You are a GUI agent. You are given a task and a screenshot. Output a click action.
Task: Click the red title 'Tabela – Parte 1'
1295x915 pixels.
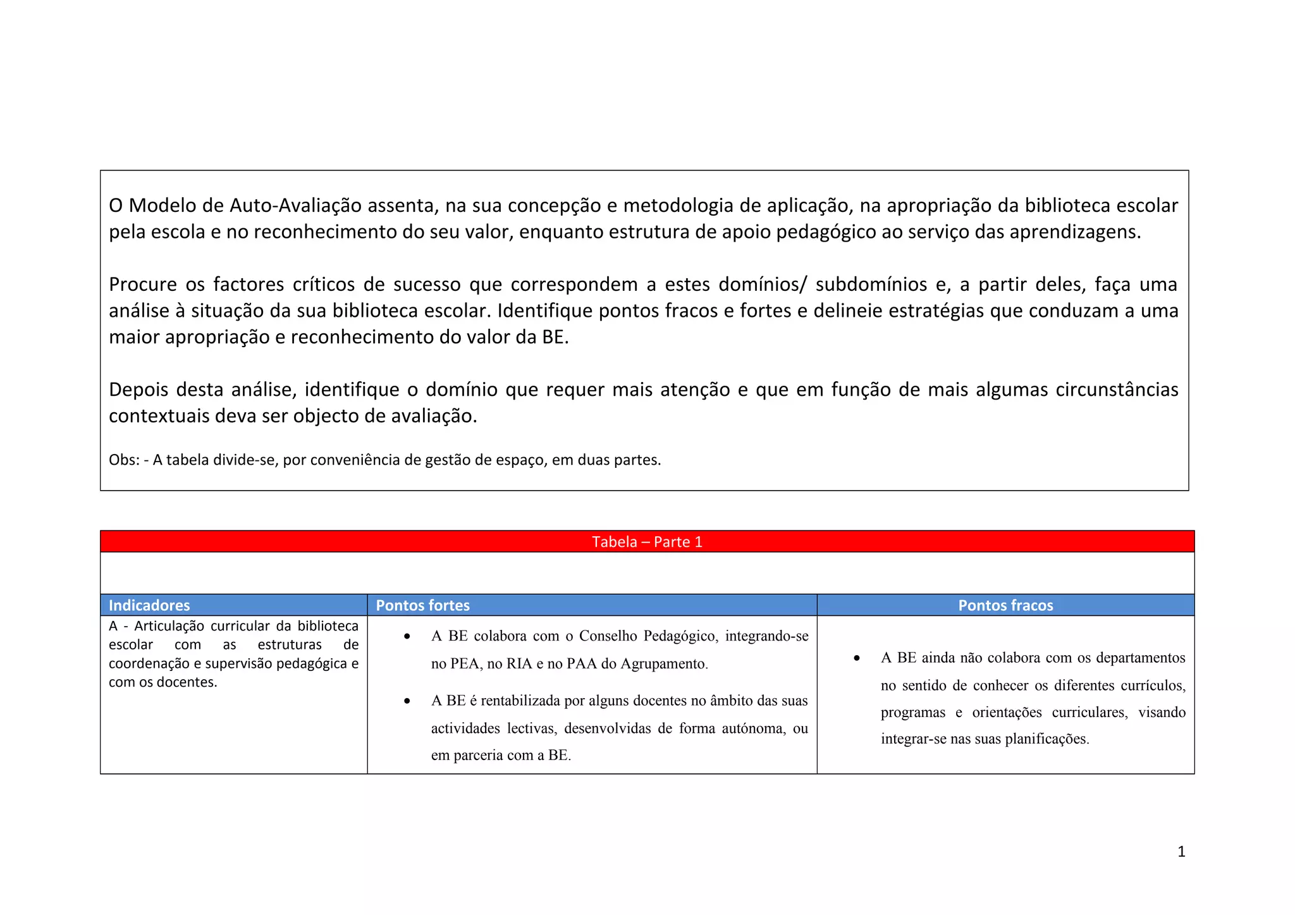(647, 542)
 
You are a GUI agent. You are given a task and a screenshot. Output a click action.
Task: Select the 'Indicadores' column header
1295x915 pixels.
(149, 605)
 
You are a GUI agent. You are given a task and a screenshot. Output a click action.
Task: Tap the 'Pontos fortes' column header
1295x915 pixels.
(422, 605)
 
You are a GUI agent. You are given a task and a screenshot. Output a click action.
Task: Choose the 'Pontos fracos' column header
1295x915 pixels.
(1005, 605)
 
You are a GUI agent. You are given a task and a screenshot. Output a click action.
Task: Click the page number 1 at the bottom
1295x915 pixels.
(1181, 852)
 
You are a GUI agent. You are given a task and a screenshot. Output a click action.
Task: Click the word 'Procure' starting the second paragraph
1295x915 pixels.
(142, 285)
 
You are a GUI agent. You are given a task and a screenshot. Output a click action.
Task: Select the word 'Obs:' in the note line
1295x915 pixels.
(124, 460)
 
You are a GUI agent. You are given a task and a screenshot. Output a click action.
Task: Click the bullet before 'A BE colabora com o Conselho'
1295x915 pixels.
(407, 636)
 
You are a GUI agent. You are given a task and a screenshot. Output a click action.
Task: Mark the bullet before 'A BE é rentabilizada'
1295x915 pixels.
(407, 701)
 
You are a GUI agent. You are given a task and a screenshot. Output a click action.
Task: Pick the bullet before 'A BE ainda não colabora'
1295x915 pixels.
(857, 658)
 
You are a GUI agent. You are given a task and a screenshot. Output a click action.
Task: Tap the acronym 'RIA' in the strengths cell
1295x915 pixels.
(520, 664)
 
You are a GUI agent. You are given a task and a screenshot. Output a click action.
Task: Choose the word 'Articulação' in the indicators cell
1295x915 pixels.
(170, 626)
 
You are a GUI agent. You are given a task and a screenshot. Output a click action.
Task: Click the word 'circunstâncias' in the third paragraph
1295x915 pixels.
(1117, 390)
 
